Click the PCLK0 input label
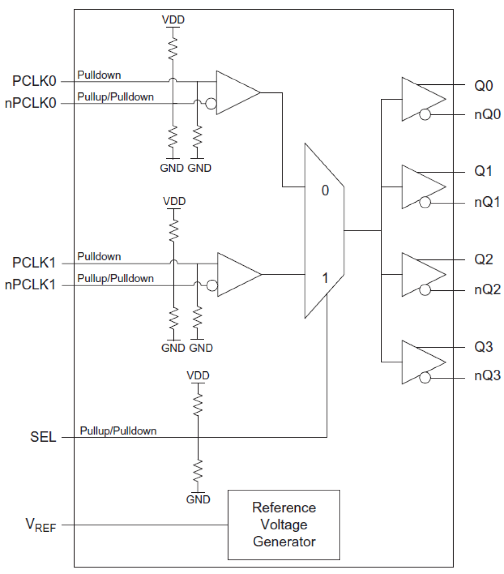click(34, 81)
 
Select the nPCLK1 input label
click(30, 285)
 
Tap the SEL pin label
click(43, 437)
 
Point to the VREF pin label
click(41, 525)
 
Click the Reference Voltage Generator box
click(284, 525)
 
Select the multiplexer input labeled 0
click(325, 190)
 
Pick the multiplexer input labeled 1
click(325, 278)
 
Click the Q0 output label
click(483, 86)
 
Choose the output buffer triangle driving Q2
click(419, 275)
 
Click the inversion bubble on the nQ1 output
click(425, 202)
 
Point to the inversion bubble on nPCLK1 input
click(212, 285)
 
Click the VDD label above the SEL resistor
click(198, 376)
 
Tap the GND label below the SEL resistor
click(198, 499)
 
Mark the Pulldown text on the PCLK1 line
click(99, 256)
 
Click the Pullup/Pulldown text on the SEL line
click(118, 431)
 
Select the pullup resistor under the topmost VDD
click(173, 48)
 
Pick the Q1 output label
click(483, 171)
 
